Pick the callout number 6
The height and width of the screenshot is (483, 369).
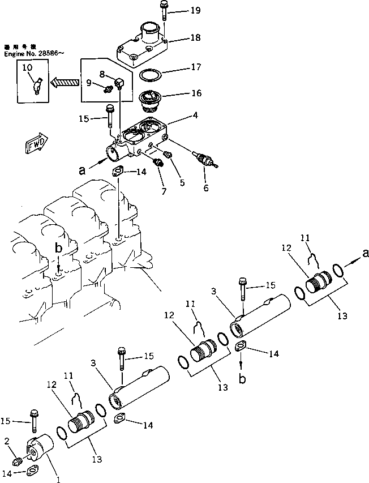(205, 188)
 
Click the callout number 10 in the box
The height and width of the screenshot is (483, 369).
(27, 67)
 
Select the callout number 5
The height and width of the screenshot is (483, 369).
(182, 182)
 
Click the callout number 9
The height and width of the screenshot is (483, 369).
(89, 83)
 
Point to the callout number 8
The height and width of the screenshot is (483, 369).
(102, 73)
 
